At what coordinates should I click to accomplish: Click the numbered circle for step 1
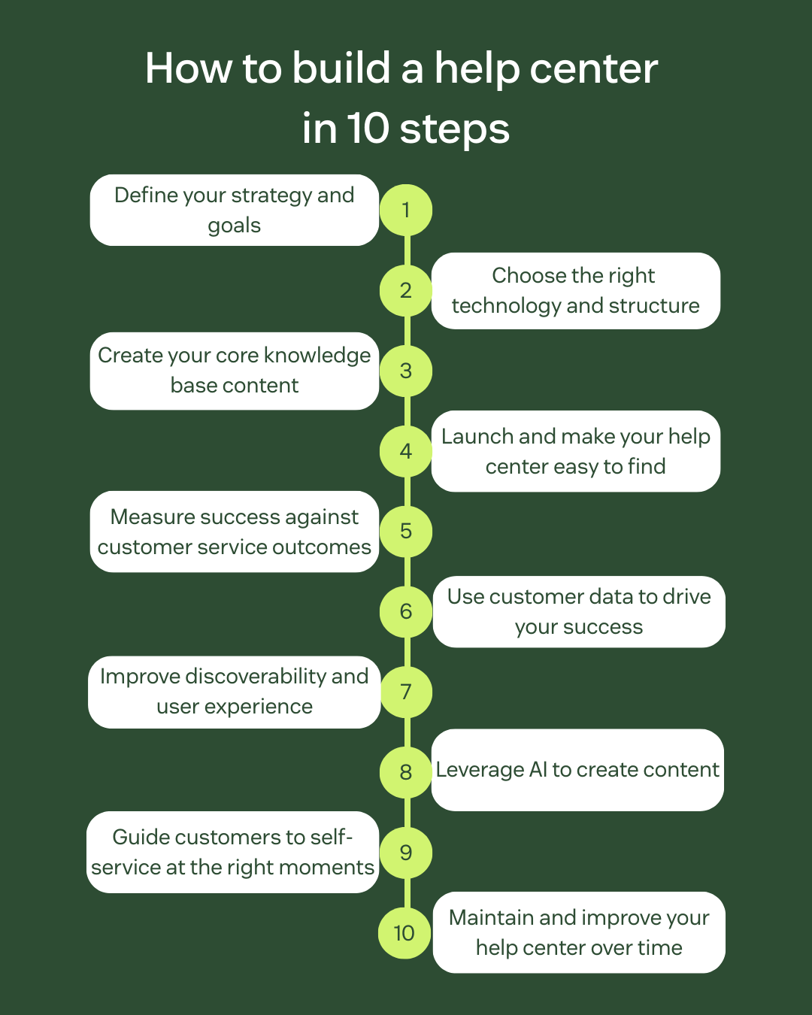pos(406,210)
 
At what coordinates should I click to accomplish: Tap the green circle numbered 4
pos(406,451)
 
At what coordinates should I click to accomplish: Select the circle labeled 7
pos(406,692)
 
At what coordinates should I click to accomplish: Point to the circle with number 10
pos(404,933)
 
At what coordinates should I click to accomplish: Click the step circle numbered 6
pos(406,611)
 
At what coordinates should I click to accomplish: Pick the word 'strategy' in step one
pos(271,196)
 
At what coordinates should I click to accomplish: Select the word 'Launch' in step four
pos(477,437)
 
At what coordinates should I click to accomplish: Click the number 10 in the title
pos(368,129)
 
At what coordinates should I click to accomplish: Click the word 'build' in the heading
pos(341,69)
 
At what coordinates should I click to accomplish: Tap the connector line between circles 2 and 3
pos(407,330)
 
